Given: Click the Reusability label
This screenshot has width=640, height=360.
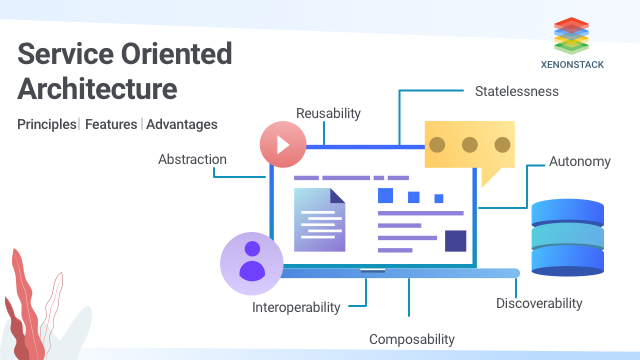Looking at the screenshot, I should pyautogui.click(x=328, y=113).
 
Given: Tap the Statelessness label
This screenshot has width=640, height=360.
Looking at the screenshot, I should pyautogui.click(x=516, y=91).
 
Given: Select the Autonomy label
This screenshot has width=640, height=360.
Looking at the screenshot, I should pyautogui.click(x=580, y=161).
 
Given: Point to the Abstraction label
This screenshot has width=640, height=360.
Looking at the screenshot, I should pyautogui.click(x=192, y=159).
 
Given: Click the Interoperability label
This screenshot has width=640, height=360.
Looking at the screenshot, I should pyautogui.click(x=296, y=307).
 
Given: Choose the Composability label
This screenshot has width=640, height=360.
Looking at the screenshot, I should pyautogui.click(x=412, y=339).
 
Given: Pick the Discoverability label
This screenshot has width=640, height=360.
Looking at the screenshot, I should pyautogui.click(x=539, y=303).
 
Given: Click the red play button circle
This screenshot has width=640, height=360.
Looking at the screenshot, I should pyautogui.click(x=283, y=144).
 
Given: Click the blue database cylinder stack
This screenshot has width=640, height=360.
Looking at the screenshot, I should pyautogui.click(x=567, y=237).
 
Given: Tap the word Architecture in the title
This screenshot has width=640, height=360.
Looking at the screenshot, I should pyautogui.click(x=98, y=88).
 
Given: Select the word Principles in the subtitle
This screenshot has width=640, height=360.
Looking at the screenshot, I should pyautogui.click(x=46, y=125).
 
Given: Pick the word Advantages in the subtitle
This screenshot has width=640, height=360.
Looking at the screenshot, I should pyautogui.click(x=182, y=125).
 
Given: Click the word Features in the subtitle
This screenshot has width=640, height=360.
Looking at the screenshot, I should pyautogui.click(x=111, y=125).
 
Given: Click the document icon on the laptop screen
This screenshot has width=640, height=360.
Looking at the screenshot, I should pyautogui.click(x=319, y=217).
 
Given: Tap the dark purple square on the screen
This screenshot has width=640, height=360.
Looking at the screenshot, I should pyautogui.click(x=455, y=240).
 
